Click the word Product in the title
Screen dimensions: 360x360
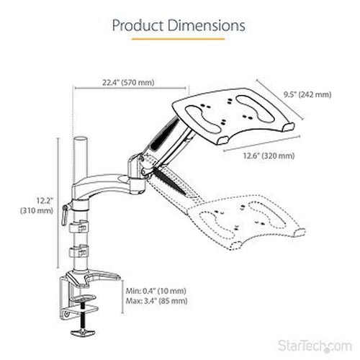139,25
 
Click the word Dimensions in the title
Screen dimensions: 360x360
207,25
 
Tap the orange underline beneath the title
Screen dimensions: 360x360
179,39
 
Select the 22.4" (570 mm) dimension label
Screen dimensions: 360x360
128,82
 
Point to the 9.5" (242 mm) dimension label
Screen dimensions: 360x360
307,94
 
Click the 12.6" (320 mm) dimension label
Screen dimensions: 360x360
269,156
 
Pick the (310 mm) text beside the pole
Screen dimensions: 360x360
37,211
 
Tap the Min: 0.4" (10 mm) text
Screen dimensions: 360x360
156,291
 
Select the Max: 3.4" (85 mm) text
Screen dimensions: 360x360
156,301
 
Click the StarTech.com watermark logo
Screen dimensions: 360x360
315,346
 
